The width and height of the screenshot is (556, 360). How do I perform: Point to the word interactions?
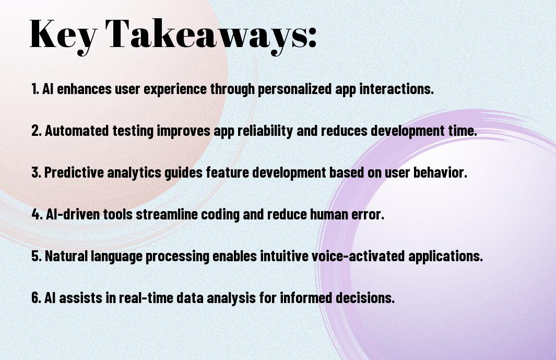(x=396, y=88)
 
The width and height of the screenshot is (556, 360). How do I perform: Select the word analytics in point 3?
(x=134, y=173)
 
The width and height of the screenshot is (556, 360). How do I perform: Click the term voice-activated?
(x=358, y=256)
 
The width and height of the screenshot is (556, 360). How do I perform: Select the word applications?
(x=445, y=257)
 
